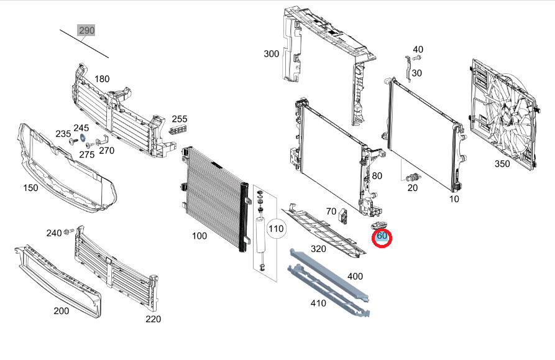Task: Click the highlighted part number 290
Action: coord(86,30)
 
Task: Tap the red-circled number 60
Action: coord(382,236)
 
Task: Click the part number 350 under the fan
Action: coord(502,164)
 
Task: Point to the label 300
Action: coord(272,54)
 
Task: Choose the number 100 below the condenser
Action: coord(199,236)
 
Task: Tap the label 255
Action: coord(180,119)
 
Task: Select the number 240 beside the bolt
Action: coord(54,233)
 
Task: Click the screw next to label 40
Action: coord(418,58)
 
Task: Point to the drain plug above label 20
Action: coord(411,177)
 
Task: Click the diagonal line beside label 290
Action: coord(84,44)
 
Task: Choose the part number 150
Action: coord(30,188)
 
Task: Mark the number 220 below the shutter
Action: coord(153,319)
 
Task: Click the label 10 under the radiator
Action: coord(454,200)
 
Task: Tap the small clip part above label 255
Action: coord(178,129)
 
